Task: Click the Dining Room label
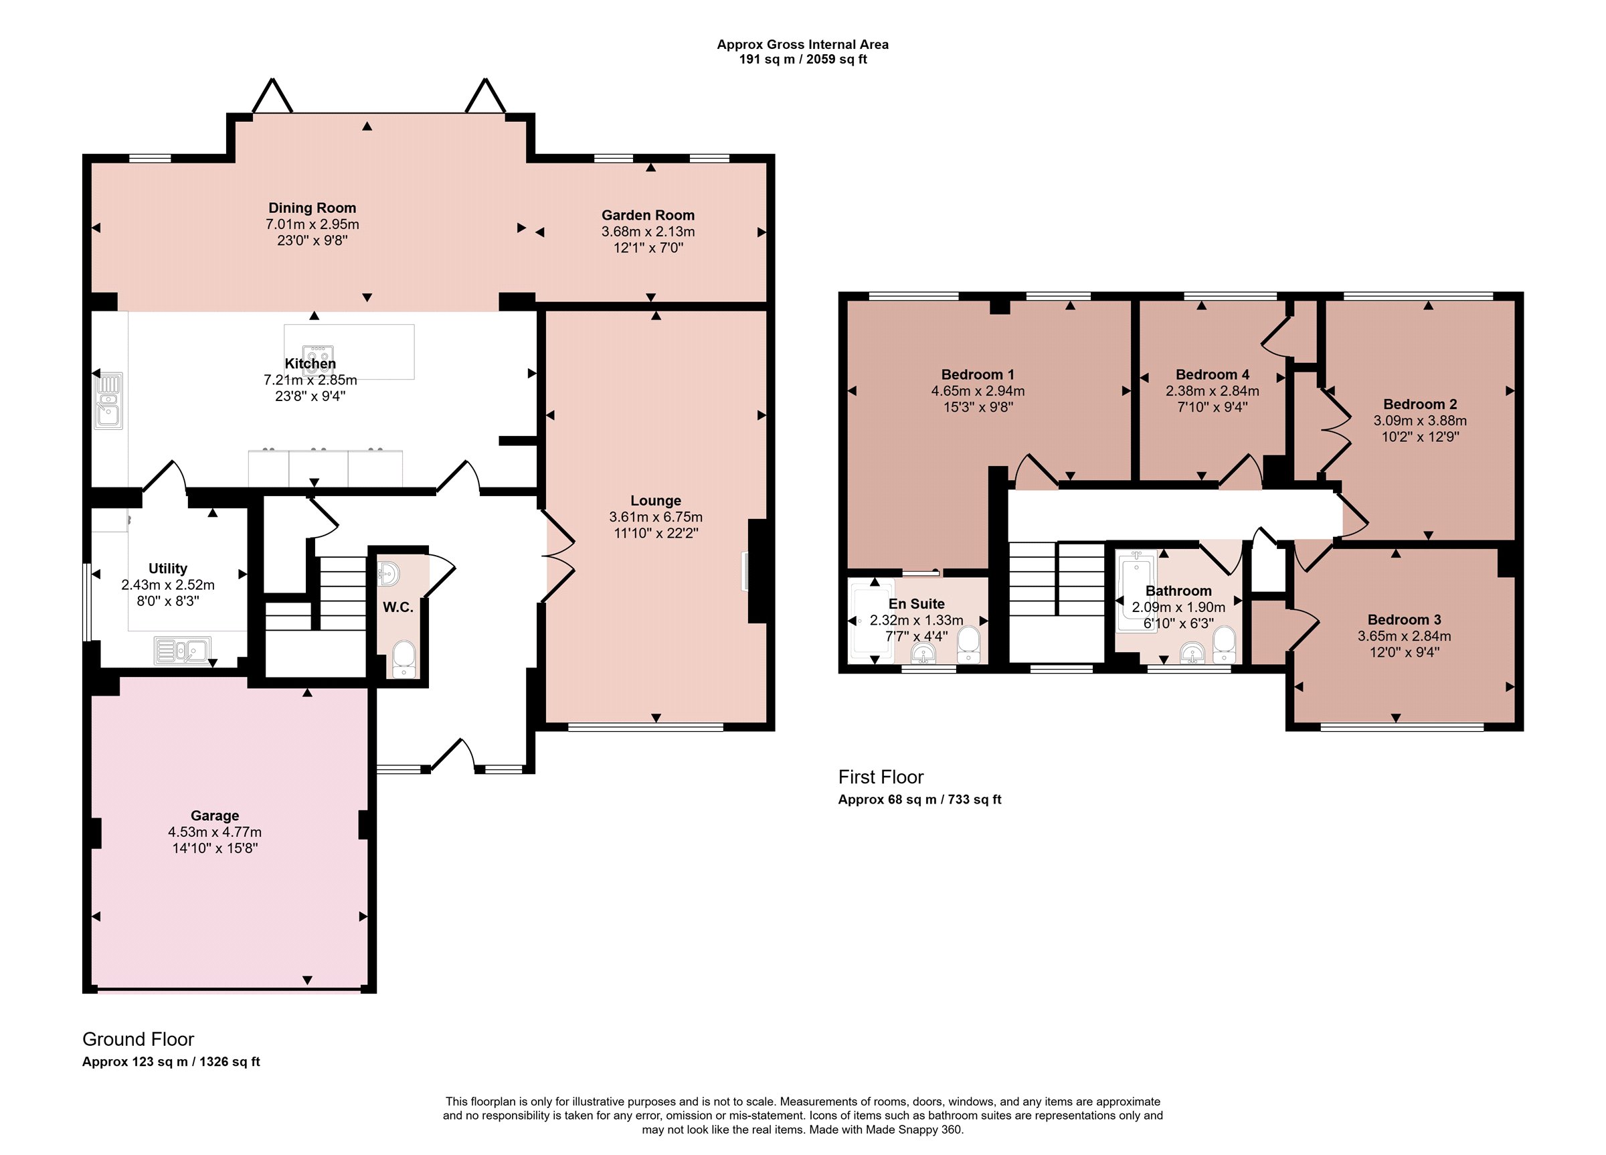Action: pos(313,208)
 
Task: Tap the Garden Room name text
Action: pos(648,215)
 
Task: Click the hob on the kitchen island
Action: pos(318,357)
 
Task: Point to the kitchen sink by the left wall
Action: pos(109,400)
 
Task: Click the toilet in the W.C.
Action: pos(404,659)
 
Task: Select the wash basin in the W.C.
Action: pos(387,573)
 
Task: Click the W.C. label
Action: pos(398,607)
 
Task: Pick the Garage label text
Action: pos(215,816)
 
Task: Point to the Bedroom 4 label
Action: pos(1213,374)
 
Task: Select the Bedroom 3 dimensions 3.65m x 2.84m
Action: pos(1404,635)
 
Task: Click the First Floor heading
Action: pos(881,777)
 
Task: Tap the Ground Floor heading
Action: pos(138,1039)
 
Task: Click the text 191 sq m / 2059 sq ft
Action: pos(803,60)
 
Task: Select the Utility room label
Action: pos(168,568)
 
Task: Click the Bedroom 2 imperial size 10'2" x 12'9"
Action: pos(1420,437)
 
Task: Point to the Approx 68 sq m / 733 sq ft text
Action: pos(920,799)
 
